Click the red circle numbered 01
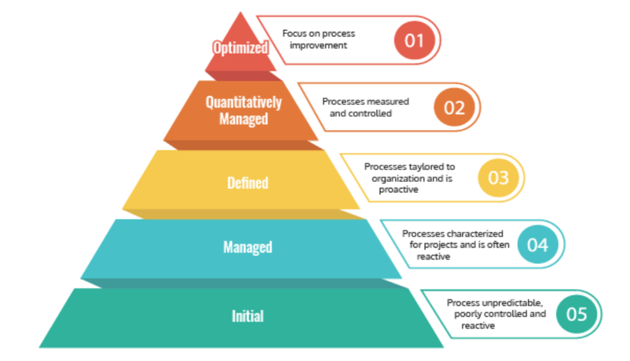tap(414, 40)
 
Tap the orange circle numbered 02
tap(453, 107)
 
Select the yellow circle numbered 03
tap(498, 177)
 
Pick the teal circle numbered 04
tap(537, 245)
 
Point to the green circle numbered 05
tap(576, 314)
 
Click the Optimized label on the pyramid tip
tap(240, 48)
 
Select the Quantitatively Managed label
tap(244, 110)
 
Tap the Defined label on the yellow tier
tap(248, 182)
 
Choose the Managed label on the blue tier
tap(248, 247)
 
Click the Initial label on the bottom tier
tap(248, 316)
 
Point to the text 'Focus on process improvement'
tap(319, 39)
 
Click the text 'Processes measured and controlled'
tap(365, 107)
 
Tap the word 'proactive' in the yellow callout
tap(399, 190)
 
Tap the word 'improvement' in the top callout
tap(318, 45)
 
